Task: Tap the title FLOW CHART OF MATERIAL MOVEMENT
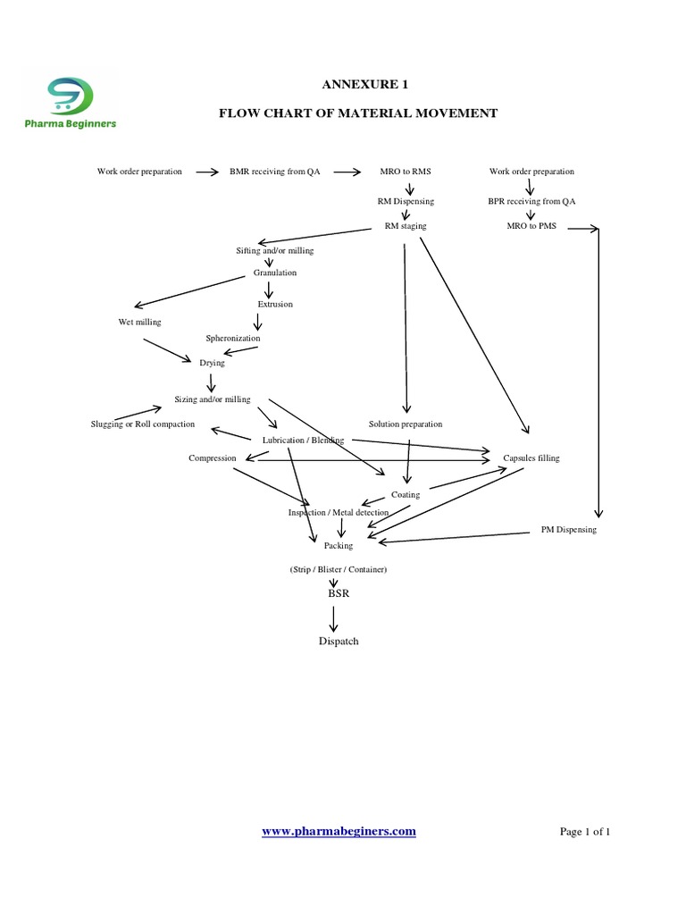(x=358, y=113)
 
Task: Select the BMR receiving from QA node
(x=274, y=172)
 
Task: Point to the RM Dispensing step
(x=406, y=202)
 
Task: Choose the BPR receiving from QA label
(x=531, y=202)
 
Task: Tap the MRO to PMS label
(x=531, y=226)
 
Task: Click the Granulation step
(x=275, y=273)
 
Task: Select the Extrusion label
(x=275, y=305)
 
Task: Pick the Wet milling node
(x=140, y=322)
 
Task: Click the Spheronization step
(x=233, y=339)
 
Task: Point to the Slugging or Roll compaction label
(x=143, y=424)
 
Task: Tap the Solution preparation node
(x=406, y=424)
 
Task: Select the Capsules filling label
(x=531, y=457)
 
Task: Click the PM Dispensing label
(x=568, y=530)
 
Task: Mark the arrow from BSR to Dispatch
(x=334, y=618)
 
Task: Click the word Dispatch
(x=339, y=642)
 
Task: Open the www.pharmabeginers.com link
(x=339, y=831)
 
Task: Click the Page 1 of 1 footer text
(x=584, y=832)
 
